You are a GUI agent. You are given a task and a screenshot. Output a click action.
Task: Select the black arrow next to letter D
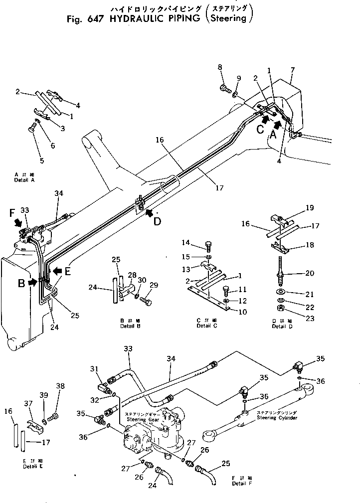coord(148,213)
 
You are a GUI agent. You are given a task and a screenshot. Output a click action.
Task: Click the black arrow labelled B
coord(32,282)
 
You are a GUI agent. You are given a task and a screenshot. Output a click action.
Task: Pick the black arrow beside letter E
coord(57,271)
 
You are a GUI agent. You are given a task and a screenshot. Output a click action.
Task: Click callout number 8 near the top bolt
coord(220,68)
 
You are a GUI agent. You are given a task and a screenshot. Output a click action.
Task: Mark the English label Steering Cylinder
coord(278,418)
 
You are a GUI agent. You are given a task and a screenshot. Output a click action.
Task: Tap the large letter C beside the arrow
coord(259,129)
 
